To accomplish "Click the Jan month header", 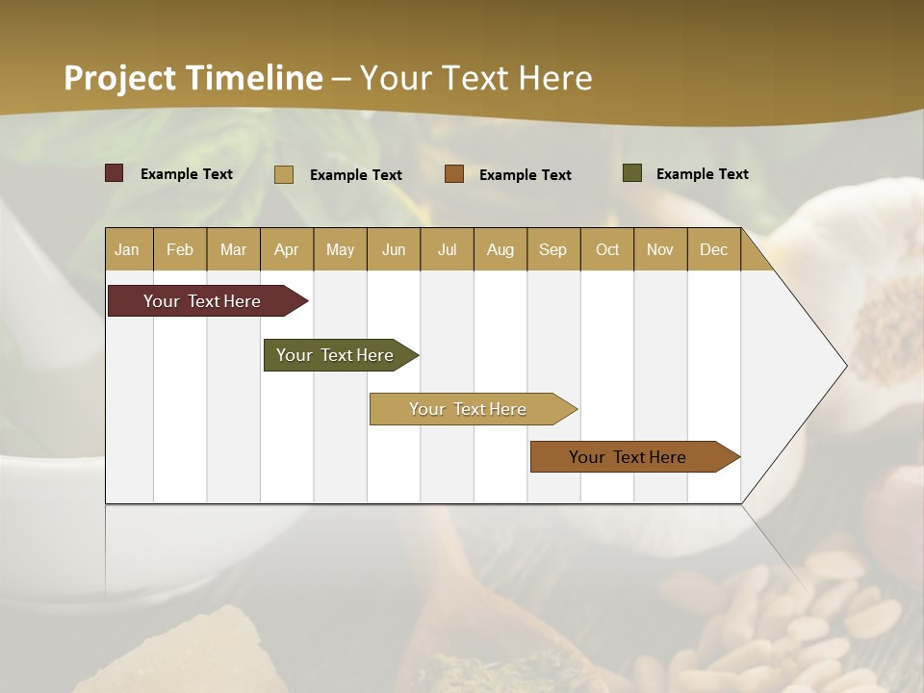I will (127, 249).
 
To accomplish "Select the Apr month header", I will (286, 249).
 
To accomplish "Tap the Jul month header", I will (447, 249).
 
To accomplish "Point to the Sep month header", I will (552, 249).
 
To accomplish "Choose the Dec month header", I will (713, 249).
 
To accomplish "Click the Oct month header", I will (606, 249).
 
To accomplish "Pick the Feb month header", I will (180, 249).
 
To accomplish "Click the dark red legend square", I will (115, 173).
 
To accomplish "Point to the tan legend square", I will (284, 174).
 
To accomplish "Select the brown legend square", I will (454, 174).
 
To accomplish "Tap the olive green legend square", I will (632, 173).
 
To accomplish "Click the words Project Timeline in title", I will (192, 77).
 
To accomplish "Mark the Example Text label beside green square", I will (702, 174).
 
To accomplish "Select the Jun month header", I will (394, 249).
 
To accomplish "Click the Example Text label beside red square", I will (187, 174).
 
